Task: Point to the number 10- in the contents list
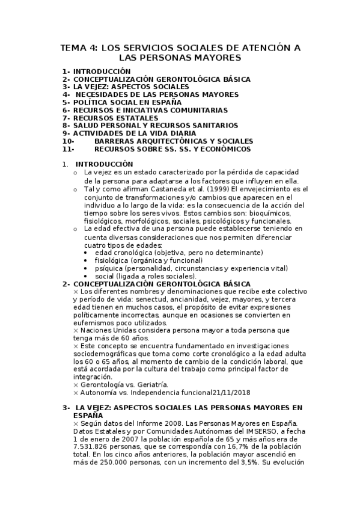pyautogui.click(x=68, y=141)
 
